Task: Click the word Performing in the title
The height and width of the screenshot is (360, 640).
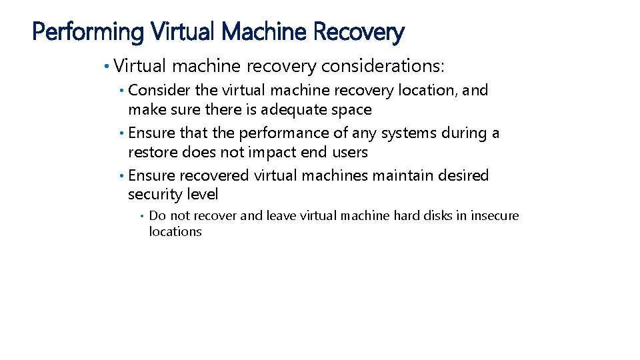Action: [88, 31]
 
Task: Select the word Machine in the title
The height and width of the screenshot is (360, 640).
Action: [263, 31]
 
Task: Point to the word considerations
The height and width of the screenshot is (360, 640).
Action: [381, 66]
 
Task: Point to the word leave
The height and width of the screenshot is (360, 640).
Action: [281, 215]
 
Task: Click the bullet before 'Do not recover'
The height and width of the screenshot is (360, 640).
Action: [142, 215]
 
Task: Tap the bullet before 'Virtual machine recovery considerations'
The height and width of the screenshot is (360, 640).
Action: [107, 66]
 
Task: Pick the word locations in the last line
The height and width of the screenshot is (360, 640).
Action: [175, 232]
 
